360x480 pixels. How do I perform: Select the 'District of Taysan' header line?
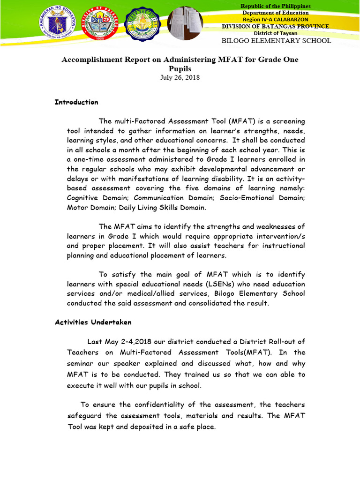275,33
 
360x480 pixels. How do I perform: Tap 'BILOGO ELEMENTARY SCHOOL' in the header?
276,41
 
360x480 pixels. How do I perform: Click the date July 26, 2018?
180,77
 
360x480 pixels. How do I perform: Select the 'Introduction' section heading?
76,102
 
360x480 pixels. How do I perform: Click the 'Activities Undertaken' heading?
93,322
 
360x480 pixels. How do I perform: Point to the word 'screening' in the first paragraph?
286,121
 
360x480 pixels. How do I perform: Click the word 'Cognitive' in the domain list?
83,198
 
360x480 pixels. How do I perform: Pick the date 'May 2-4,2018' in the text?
128,342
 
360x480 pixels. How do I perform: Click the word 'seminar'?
82,363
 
